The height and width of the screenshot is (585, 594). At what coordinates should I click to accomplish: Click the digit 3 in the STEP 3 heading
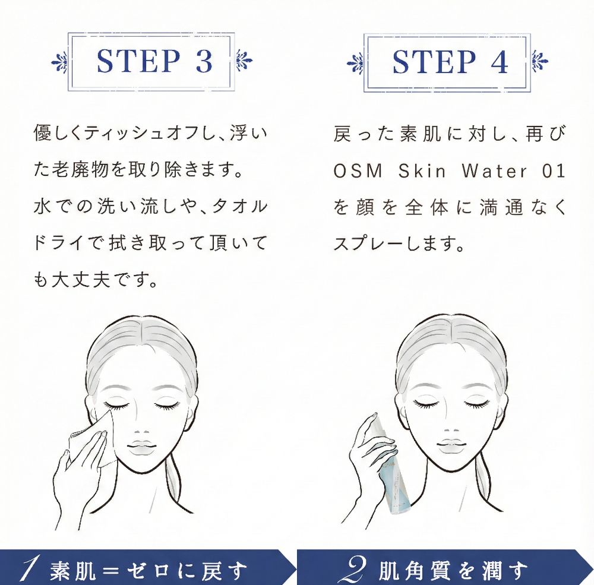204,61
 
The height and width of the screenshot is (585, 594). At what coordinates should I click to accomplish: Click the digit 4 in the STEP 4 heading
500,61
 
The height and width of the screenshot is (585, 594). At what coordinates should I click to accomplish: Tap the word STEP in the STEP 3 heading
138,61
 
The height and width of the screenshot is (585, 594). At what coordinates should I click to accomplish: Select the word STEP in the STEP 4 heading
434,61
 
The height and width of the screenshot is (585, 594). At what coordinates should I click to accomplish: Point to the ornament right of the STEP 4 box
539,61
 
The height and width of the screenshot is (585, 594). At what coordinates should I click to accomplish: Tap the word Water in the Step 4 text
494,171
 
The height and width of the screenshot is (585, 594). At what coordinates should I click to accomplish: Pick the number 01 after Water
554,171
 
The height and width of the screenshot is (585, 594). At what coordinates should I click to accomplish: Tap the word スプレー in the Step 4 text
370,244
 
